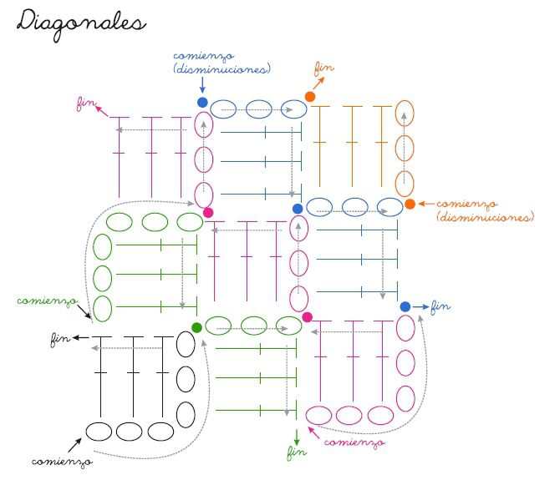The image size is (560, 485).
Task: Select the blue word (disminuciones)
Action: point(222,70)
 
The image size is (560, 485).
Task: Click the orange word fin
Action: point(323,67)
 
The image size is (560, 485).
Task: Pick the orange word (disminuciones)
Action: point(485,217)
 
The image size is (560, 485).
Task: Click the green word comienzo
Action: point(47,299)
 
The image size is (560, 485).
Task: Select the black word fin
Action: point(59,338)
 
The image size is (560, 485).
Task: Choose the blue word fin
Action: point(440,306)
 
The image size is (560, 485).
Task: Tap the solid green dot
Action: point(196,327)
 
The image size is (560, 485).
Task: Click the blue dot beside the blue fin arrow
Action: point(405,307)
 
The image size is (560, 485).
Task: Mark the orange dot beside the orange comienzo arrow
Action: point(410,204)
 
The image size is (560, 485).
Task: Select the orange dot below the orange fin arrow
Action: point(310,97)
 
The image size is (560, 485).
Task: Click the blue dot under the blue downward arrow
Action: point(202,102)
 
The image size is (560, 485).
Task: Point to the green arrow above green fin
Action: point(297,435)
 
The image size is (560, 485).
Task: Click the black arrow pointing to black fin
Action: point(80,337)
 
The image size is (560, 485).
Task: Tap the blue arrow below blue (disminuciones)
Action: point(202,84)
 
